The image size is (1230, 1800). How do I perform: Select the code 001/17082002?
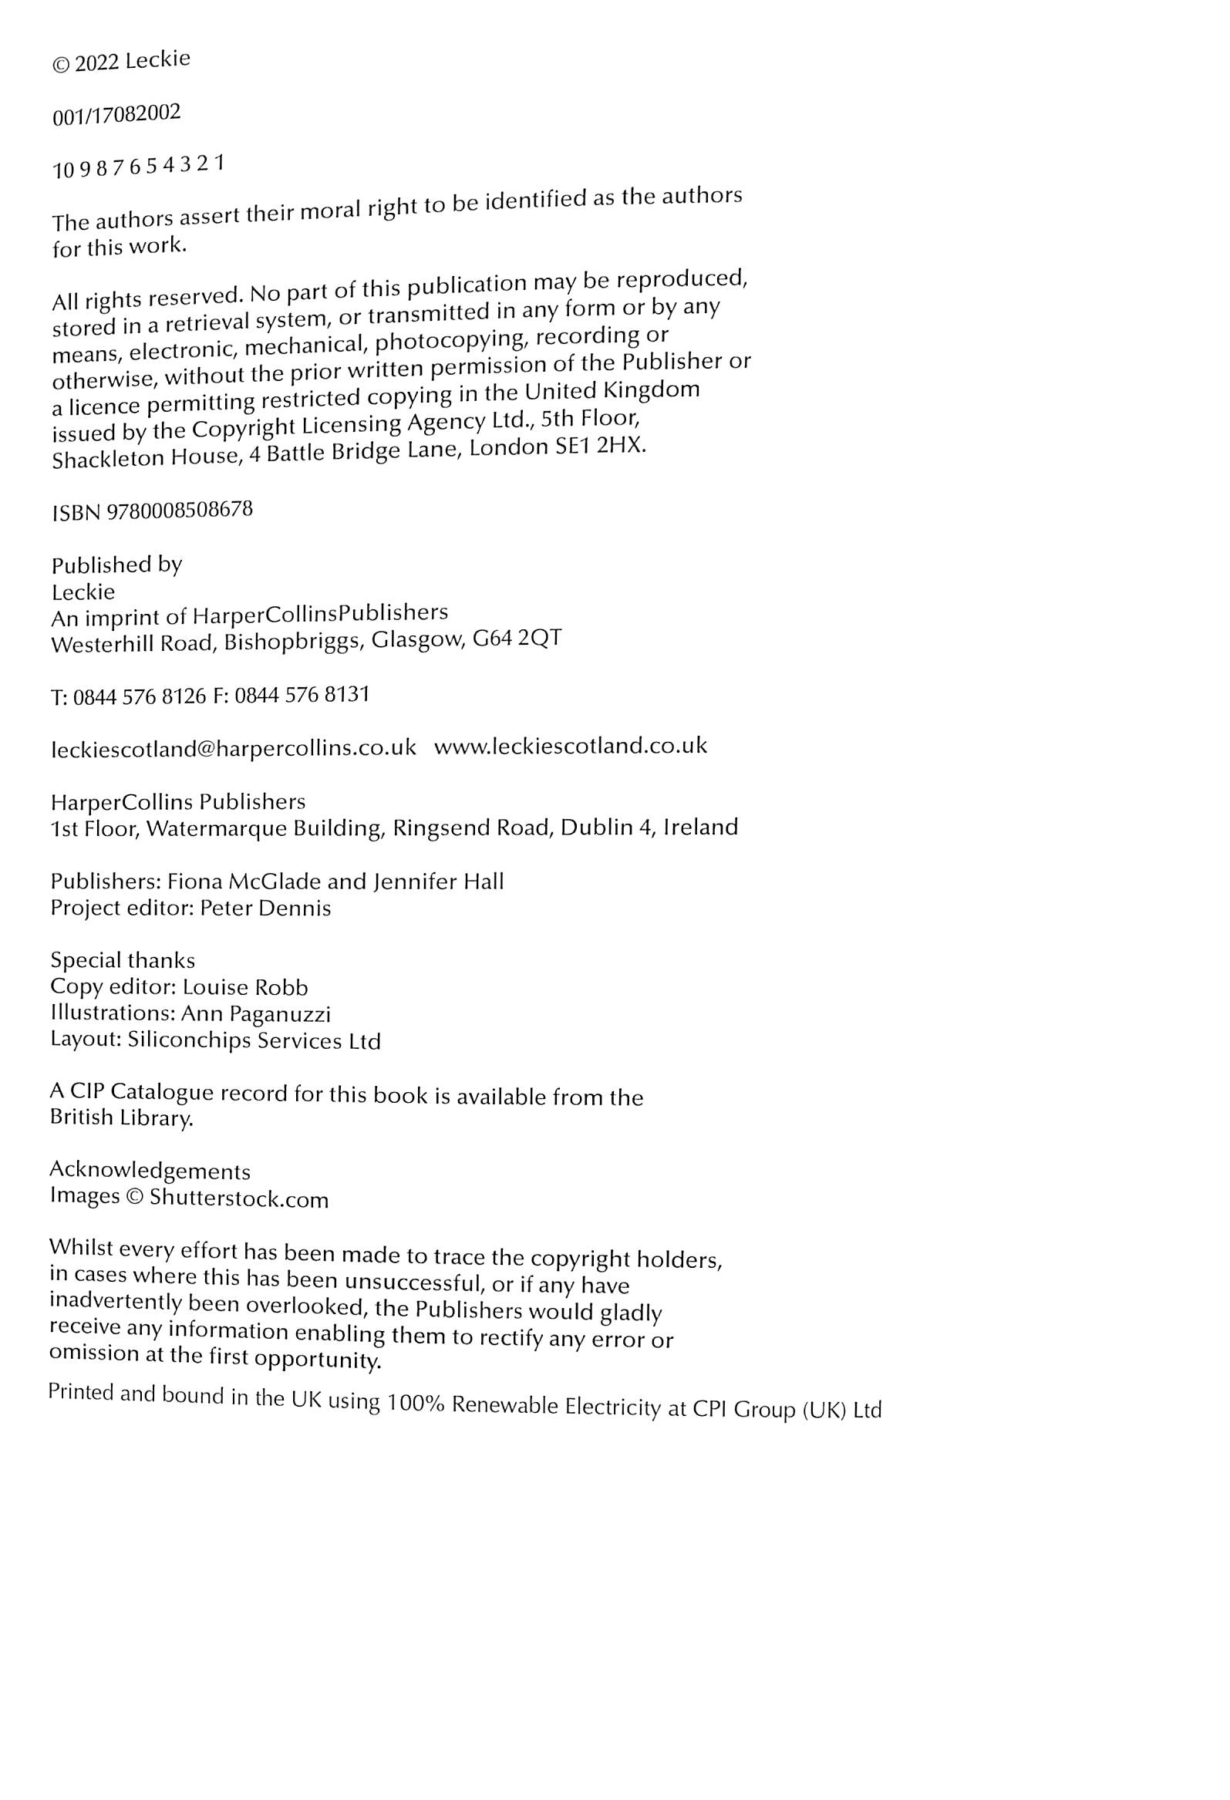pyautogui.click(x=116, y=115)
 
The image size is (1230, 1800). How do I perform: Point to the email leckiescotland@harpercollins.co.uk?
pyautogui.click(x=233, y=748)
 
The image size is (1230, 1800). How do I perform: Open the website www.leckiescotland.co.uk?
pyautogui.click(x=570, y=746)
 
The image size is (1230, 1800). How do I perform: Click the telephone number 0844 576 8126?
pyautogui.click(x=140, y=697)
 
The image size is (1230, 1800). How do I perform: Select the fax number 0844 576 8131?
pyautogui.click(x=302, y=695)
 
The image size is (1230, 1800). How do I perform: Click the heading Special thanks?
pyautogui.click(x=123, y=960)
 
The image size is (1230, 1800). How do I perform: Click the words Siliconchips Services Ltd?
pyautogui.click(x=254, y=1040)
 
